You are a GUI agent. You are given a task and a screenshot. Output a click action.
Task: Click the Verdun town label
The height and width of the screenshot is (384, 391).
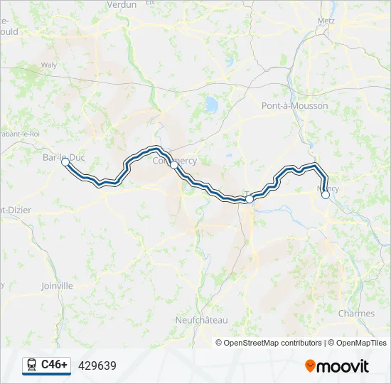coord(121,4)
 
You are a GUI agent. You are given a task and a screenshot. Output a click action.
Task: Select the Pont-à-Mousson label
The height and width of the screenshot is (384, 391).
coord(294,106)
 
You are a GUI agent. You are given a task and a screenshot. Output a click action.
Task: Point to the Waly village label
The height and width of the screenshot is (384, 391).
coord(49,65)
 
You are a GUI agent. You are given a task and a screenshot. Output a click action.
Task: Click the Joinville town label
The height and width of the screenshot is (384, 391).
coord(57,286)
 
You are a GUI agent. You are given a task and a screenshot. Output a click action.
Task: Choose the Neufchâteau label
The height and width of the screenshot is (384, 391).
coord(201,321)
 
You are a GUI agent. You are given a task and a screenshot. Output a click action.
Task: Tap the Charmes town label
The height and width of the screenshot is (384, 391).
coord(356,314)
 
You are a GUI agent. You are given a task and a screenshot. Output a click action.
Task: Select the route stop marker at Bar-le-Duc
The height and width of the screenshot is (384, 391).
coord(65,162)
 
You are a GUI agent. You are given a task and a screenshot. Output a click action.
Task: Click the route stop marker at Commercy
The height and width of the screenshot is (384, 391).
coord(173,164)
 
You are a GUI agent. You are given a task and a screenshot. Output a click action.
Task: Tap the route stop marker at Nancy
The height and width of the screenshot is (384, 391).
coord(326,194)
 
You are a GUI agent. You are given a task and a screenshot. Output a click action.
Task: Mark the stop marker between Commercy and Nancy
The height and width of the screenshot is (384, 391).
coord(249,200)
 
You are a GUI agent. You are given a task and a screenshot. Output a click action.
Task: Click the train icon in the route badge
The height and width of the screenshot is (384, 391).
coord(31,366)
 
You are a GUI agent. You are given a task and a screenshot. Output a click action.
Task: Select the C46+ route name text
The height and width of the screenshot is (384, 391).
coord(55,365)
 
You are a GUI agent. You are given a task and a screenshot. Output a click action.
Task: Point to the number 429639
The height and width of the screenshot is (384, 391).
coord(97,366)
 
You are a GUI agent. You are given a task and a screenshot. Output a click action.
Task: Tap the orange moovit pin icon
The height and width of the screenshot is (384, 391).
coord(311,366)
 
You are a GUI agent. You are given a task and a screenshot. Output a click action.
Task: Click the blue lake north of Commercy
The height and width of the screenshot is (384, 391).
coord(211,105)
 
